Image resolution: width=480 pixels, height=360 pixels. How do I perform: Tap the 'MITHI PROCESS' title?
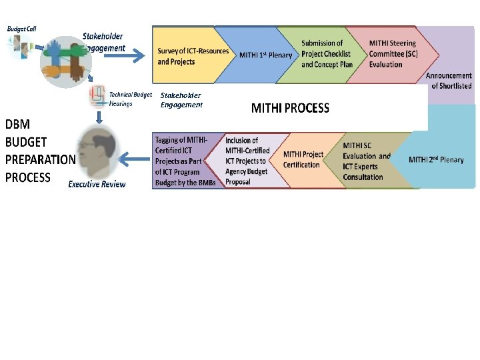point(290,108)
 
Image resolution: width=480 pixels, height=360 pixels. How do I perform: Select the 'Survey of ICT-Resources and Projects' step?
point(193,56)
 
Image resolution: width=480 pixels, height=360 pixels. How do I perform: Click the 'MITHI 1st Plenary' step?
point(265,55)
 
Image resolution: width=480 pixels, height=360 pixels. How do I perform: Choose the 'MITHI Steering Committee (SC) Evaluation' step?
point(393,54)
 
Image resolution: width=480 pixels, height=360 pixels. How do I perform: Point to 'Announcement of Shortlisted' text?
point(449,81)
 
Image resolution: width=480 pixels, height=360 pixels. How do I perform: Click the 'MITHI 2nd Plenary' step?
point(436,160)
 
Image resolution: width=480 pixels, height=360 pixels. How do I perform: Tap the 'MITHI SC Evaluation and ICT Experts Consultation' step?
point(366,161)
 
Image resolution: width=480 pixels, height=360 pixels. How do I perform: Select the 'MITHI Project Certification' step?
point(303,160)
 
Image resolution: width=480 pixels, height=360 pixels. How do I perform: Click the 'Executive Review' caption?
point(97,184)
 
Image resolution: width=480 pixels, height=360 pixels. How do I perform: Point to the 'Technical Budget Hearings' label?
point(131,99)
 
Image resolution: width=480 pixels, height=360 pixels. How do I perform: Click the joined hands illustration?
point(65,64)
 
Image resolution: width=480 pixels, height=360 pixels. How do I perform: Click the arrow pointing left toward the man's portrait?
point(136,159)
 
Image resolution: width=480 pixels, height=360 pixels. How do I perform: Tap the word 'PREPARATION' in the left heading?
point(40,159)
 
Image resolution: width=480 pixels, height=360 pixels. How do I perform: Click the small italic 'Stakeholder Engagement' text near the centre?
point(181,100)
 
